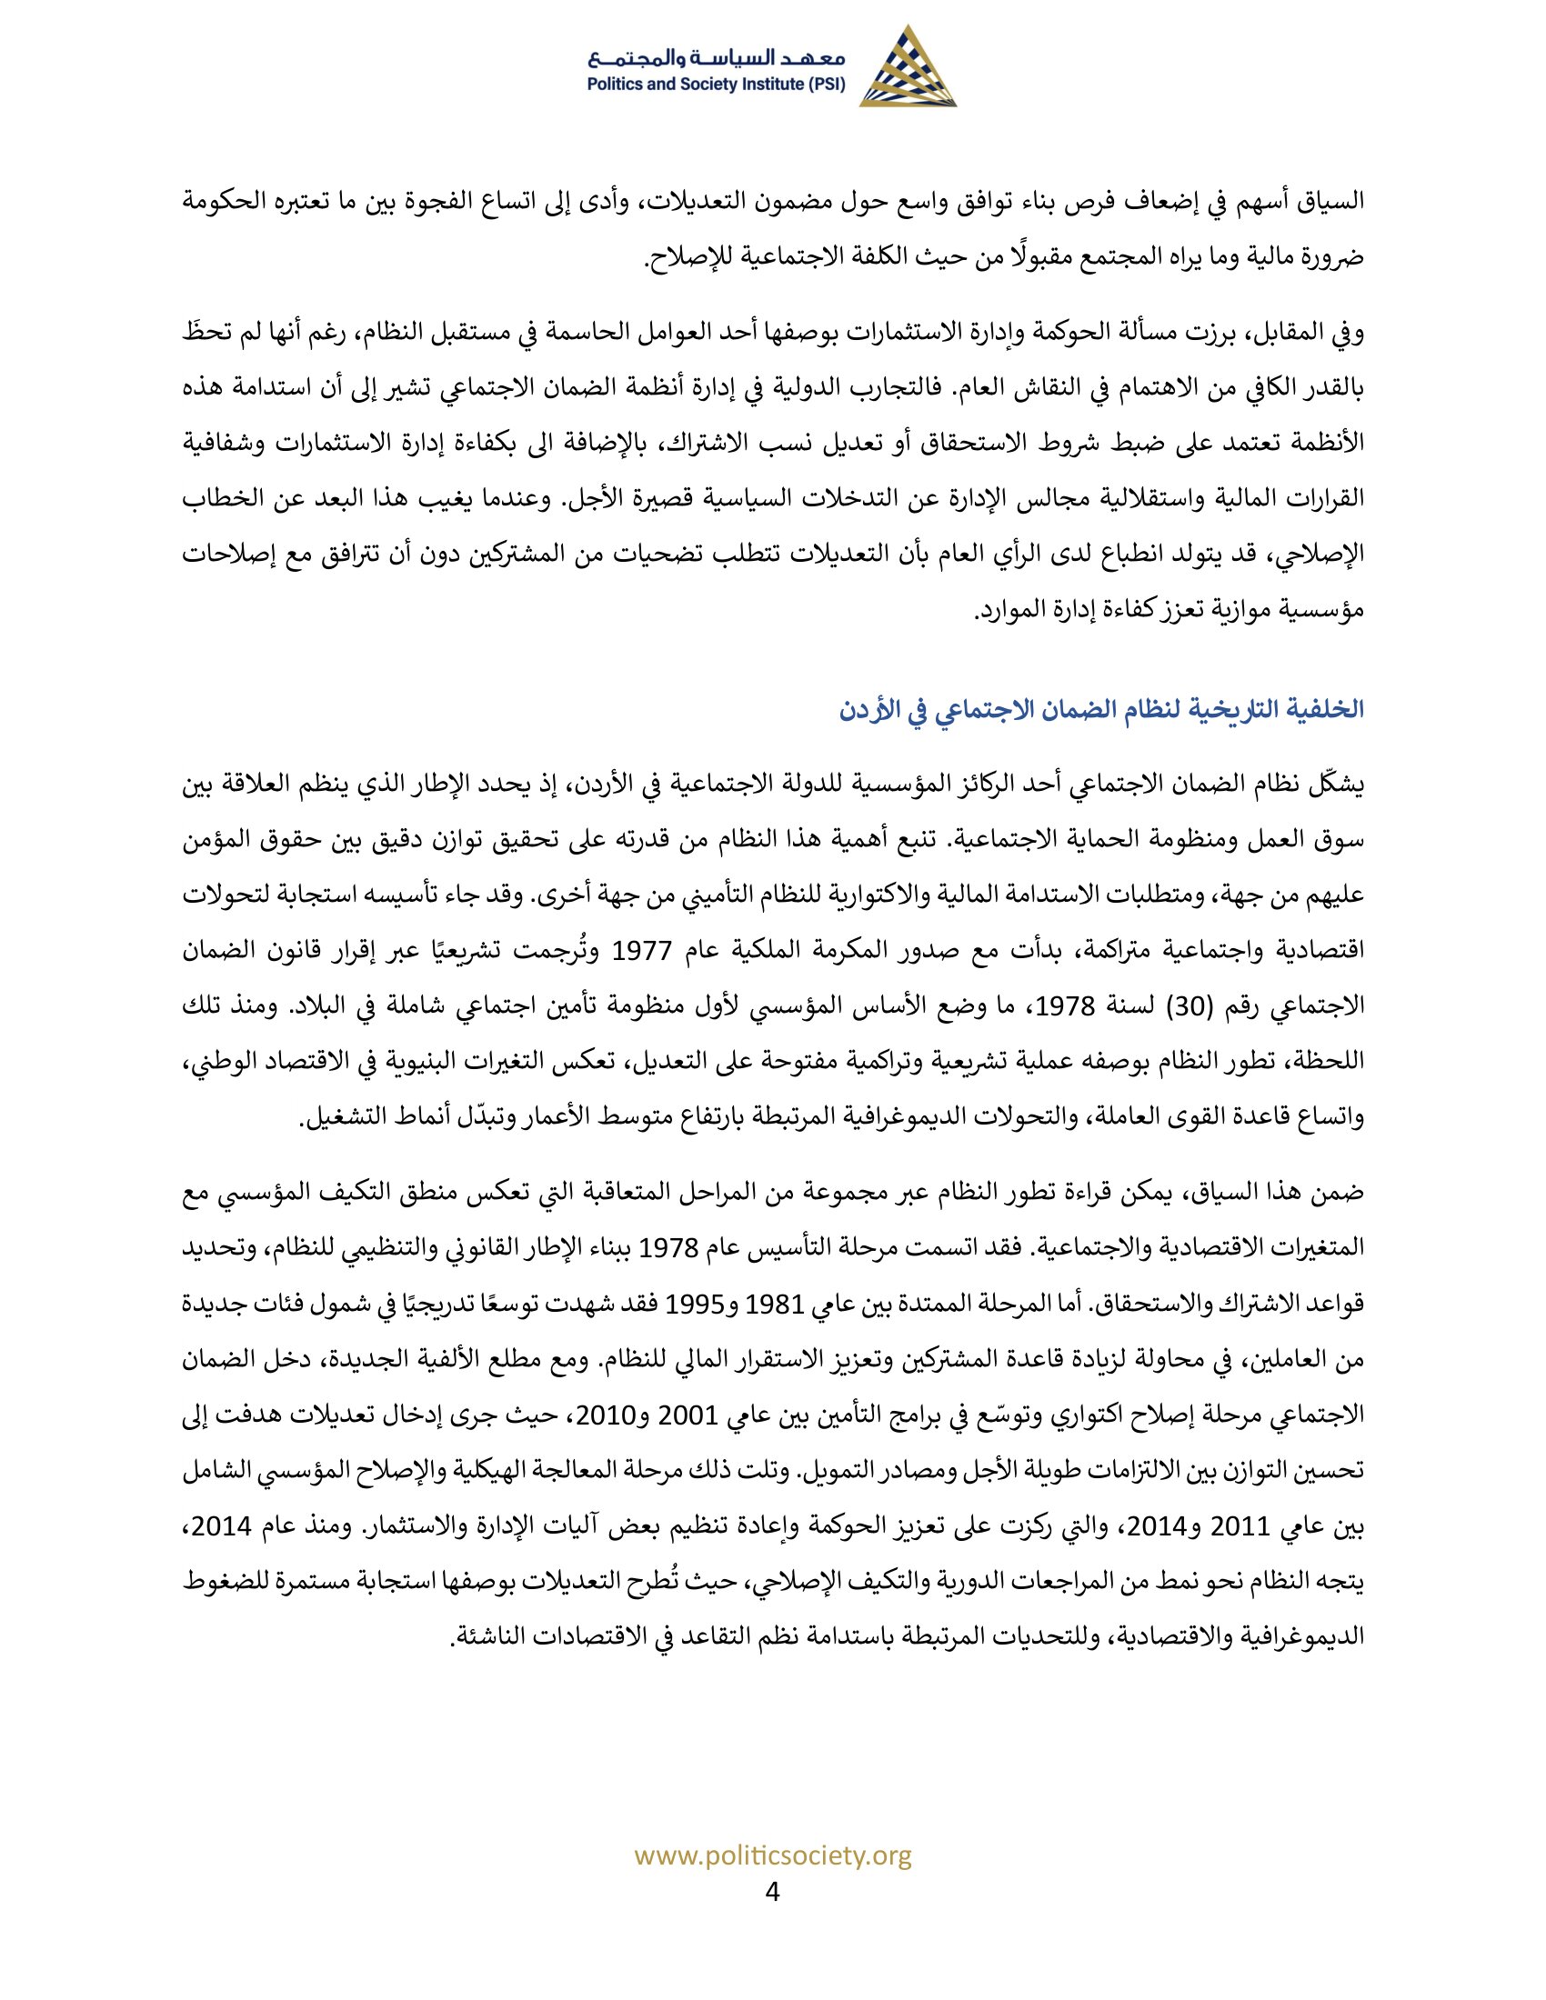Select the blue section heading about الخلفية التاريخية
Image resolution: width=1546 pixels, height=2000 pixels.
click(x=1102, y=710)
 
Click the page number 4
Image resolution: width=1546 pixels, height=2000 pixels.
click(x=772, y=1889)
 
